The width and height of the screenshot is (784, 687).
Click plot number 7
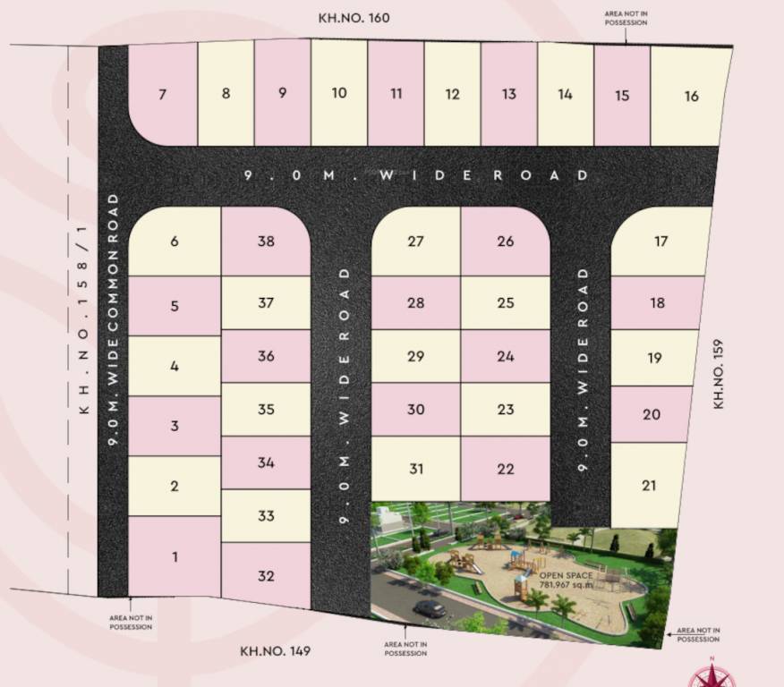tap(162, 94)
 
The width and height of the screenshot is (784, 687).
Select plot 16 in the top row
tap(691, 96)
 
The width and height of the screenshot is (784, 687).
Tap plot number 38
tap(265, 241)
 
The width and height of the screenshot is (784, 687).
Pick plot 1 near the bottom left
tap(175, 556)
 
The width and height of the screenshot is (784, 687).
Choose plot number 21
tap(649, 485)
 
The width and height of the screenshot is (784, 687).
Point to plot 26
tap(506, 241)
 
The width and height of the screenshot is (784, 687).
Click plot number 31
tap(415, 469)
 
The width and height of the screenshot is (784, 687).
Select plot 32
tap(265, 575)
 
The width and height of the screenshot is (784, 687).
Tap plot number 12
tap(452, 94)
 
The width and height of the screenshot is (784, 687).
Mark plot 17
tap(660, 241)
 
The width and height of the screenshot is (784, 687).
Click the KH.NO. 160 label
tap(354, 17)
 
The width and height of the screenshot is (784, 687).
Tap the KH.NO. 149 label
tap(276, 650)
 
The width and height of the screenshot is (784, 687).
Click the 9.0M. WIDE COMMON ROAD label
tap(114, 322)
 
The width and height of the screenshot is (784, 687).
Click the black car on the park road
tap(430, 608)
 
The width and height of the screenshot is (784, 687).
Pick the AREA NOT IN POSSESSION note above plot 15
tap(626, 17)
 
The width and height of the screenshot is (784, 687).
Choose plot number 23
tap(506, 409)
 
